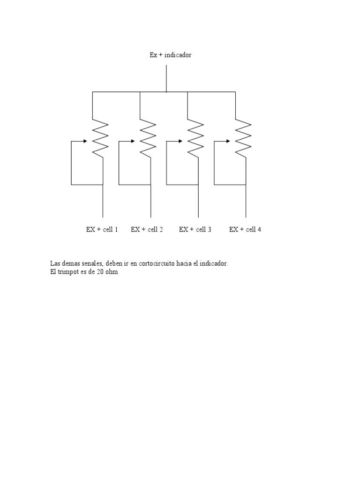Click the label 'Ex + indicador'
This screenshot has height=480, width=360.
[170, 55]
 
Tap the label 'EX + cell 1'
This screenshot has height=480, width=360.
[102, 229]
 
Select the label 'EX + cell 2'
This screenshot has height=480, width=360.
[147, 229]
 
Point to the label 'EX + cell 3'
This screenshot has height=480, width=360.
[195, 229]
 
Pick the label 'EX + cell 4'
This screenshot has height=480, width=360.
[245, 229]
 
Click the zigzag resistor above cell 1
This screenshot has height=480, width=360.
[100, 138]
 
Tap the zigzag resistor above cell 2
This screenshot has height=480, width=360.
[148, 138]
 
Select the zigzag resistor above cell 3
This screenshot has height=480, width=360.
[195, 138]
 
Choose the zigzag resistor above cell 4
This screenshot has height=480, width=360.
[243, 138]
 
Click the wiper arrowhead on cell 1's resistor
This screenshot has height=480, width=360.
[85, 141]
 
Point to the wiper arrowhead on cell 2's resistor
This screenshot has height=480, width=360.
[133, 141]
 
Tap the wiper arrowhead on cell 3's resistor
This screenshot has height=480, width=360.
[180, 141]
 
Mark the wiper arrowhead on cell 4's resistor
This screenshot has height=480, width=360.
[228, 141]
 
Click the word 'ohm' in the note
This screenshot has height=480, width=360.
[112, 272]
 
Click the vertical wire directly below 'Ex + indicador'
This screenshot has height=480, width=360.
[166, 78]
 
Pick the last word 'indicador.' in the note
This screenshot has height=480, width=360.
[214, 264]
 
